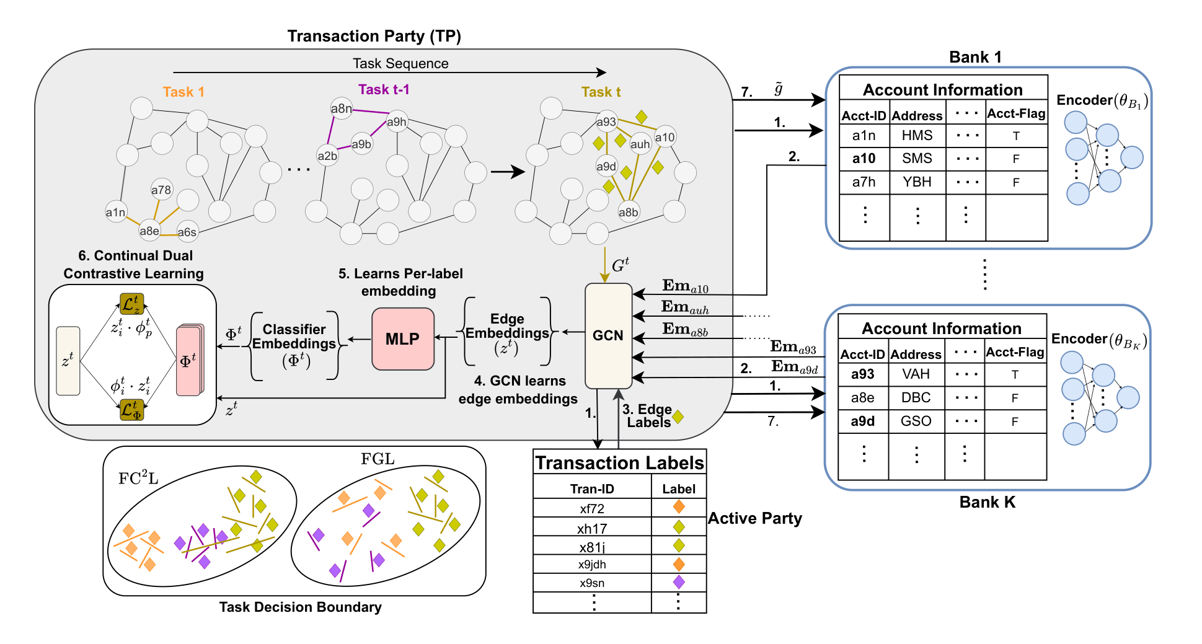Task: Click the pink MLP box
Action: (x=403, y=338)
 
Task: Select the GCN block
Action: (x=608, y=335)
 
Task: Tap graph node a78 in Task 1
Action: (x=161, y=190)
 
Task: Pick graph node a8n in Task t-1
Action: (x=341, y=108)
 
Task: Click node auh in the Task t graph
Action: (x=640, y=144)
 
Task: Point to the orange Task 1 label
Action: (x=183, y=92)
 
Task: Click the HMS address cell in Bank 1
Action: (x=917, y=135)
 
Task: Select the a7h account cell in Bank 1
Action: (x=864, y=182)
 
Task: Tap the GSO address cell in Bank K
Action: (x=916, y=421)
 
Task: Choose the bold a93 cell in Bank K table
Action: (x=862, y=374)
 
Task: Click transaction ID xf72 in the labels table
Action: (x=592, y=509)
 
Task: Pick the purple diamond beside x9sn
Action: (x=679, y=582)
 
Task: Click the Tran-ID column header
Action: (x=592, y=488)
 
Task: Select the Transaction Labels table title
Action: (x=619, y=463)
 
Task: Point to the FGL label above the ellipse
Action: (x=378, y=459)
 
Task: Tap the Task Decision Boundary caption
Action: (x=300, y=607)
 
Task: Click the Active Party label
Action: (x=754, y=518)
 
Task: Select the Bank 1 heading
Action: (x=974, y=57)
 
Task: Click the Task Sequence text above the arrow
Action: (x=400, y=63)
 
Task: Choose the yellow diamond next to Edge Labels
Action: (x=678, y=417)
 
